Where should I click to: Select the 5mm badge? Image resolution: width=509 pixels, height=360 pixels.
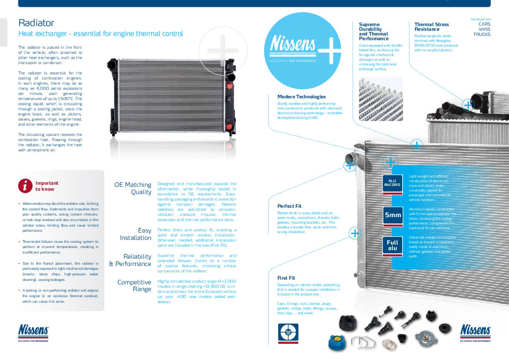tap(392, 215)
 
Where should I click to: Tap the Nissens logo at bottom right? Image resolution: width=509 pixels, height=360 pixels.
tap(475, 330)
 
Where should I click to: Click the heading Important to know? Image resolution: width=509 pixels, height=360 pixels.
tap(47, 186)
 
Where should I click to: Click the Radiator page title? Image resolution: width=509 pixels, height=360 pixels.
tap(36, 23)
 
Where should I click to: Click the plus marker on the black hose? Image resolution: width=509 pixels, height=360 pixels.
tap(468, 105)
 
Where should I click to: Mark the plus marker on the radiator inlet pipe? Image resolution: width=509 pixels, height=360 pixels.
tap(350, 165)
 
